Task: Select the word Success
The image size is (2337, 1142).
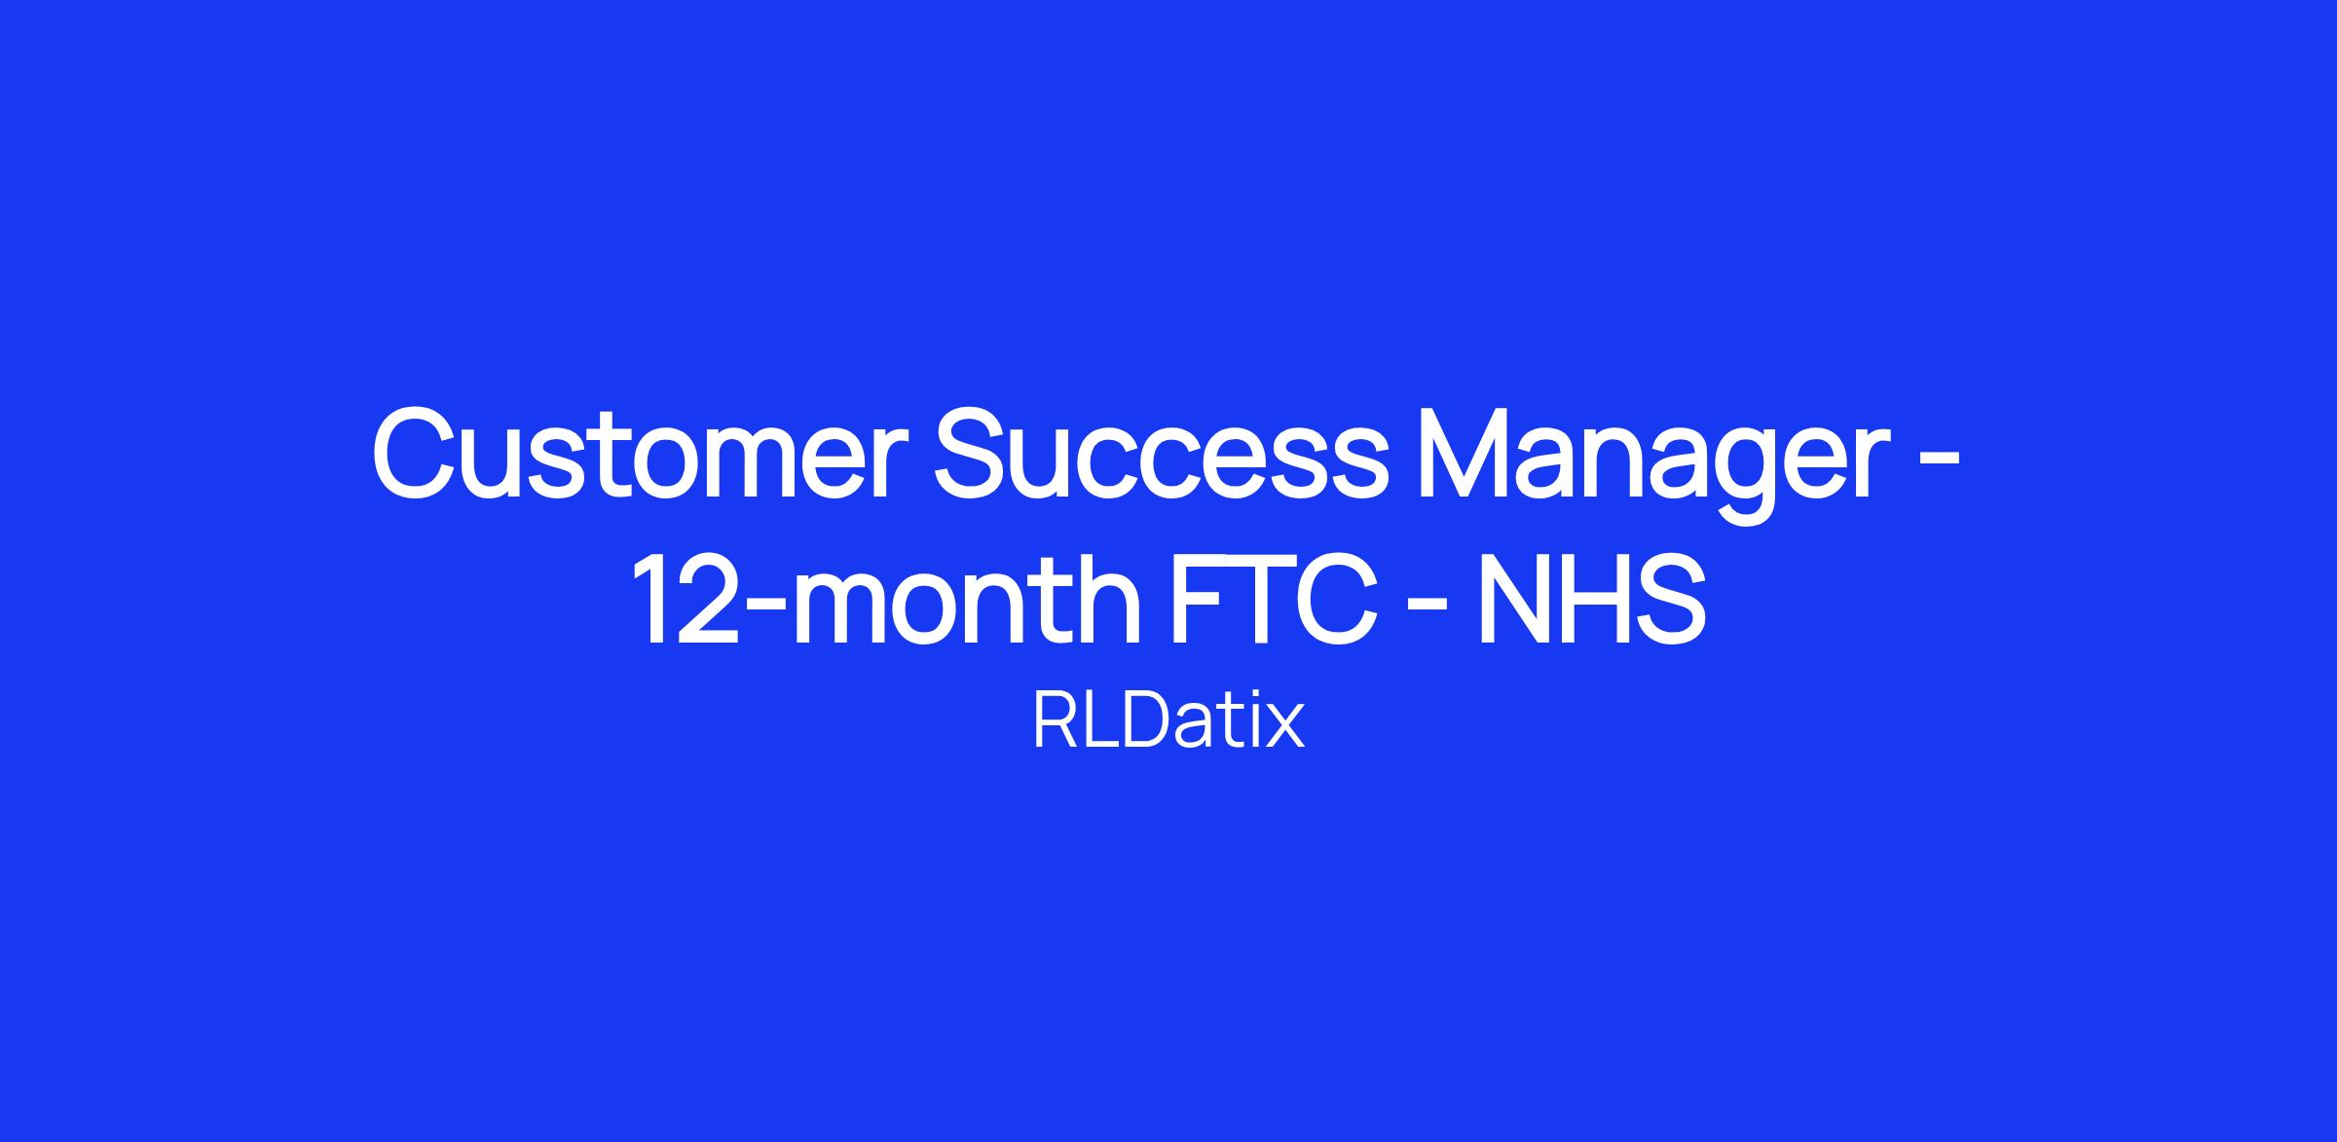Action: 1159,454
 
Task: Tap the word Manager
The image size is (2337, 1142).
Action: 1646,464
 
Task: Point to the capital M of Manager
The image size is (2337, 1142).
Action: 1470,454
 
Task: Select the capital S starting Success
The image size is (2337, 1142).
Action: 974,454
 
